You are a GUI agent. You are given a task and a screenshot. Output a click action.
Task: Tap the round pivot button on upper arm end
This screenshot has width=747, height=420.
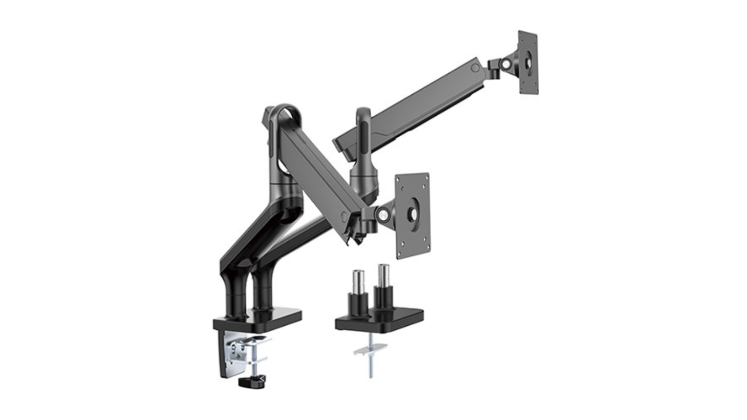(475, 68)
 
